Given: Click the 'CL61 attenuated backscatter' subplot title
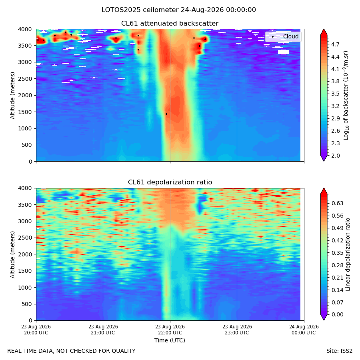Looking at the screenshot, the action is pos(170,24).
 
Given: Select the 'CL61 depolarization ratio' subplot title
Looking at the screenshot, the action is pos(170,182).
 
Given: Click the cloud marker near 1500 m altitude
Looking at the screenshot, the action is pos(166,114).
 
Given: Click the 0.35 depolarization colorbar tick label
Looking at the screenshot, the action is pos(337,253).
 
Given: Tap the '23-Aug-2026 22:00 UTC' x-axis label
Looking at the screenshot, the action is pos(170,330).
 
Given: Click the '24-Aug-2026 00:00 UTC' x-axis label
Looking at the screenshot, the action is pos(304,330).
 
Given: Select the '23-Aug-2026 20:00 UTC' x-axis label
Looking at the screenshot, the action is pos(36,330).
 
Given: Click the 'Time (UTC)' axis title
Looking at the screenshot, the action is pos(170,340).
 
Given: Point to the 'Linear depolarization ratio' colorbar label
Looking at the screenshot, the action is pos(348,254).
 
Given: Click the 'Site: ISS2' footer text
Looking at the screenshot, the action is pos(339,351).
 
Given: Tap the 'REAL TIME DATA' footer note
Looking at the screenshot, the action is pos(33,351).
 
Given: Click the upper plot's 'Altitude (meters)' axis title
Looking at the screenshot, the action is pos(12,95).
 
